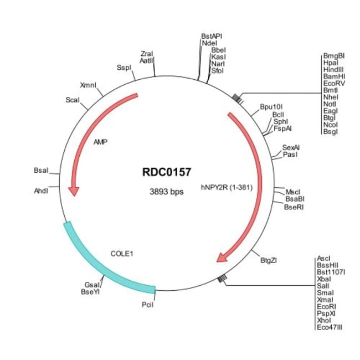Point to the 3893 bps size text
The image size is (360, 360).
click(x=166, y=192)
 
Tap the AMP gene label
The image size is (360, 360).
click(x=100, y=142)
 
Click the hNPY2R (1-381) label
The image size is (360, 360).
click(x=227, y=187)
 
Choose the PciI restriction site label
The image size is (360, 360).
click(x=148, y=304)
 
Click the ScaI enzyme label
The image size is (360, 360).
click(x=73, y=100)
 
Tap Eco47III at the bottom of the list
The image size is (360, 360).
click(x=330, y=327)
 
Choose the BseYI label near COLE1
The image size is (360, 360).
click(x=91, y=291)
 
